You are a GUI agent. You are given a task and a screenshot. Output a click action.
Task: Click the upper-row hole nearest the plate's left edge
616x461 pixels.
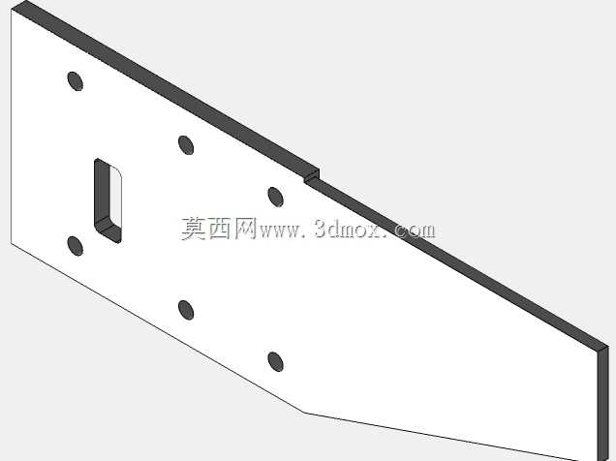(x=75, y=81)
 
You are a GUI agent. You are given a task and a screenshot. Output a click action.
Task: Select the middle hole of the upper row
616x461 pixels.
(x=186, y=145)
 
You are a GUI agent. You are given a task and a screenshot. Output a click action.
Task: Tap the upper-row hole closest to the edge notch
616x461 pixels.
(x=275, y=197)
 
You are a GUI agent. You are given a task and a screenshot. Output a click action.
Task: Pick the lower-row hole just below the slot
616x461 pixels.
(x=75, y=246)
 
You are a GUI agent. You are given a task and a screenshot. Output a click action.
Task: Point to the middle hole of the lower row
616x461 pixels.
(x=186, y=310)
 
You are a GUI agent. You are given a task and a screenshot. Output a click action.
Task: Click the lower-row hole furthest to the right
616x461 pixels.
(x=275, y=361)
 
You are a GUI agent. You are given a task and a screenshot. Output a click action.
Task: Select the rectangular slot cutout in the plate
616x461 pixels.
(x=108, y=200)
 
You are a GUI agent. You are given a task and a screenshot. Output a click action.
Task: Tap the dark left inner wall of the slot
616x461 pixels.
(x=102, y=193)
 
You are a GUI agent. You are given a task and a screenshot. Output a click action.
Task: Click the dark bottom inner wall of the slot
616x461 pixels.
(x=108, y=230)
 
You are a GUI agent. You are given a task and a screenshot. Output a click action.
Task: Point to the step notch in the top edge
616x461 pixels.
(x=312, y=176)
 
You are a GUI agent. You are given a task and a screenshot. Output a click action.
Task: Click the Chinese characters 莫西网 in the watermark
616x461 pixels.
(x=219, y=229)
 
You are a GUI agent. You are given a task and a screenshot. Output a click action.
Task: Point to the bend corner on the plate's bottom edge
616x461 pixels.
(x=304, y=413)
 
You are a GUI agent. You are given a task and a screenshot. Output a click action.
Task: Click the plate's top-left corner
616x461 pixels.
(x=12, y=10)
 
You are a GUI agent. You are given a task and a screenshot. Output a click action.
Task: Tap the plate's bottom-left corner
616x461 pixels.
(x=12, y=243)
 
